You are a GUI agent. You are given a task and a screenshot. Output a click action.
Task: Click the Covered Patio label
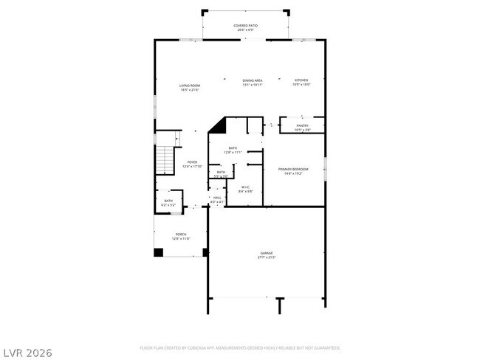[246, 25]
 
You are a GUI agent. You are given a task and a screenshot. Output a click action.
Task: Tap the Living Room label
[190, 86]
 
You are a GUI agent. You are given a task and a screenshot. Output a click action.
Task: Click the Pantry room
[302, 127]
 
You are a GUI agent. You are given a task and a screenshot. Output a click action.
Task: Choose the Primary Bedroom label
[293, 170]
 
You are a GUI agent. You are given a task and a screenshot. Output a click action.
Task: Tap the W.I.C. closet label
[246, 187]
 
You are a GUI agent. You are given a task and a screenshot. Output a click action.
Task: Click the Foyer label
[191, 162]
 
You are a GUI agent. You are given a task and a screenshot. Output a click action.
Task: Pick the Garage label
[266, 253]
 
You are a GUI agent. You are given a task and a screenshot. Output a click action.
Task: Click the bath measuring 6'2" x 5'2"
[168, 202]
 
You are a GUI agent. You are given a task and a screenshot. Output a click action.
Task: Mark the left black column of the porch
[158, 252]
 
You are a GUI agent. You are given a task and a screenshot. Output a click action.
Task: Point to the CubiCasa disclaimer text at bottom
[239, 347]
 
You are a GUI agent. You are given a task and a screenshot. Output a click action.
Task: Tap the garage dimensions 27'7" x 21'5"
[266, 257]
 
